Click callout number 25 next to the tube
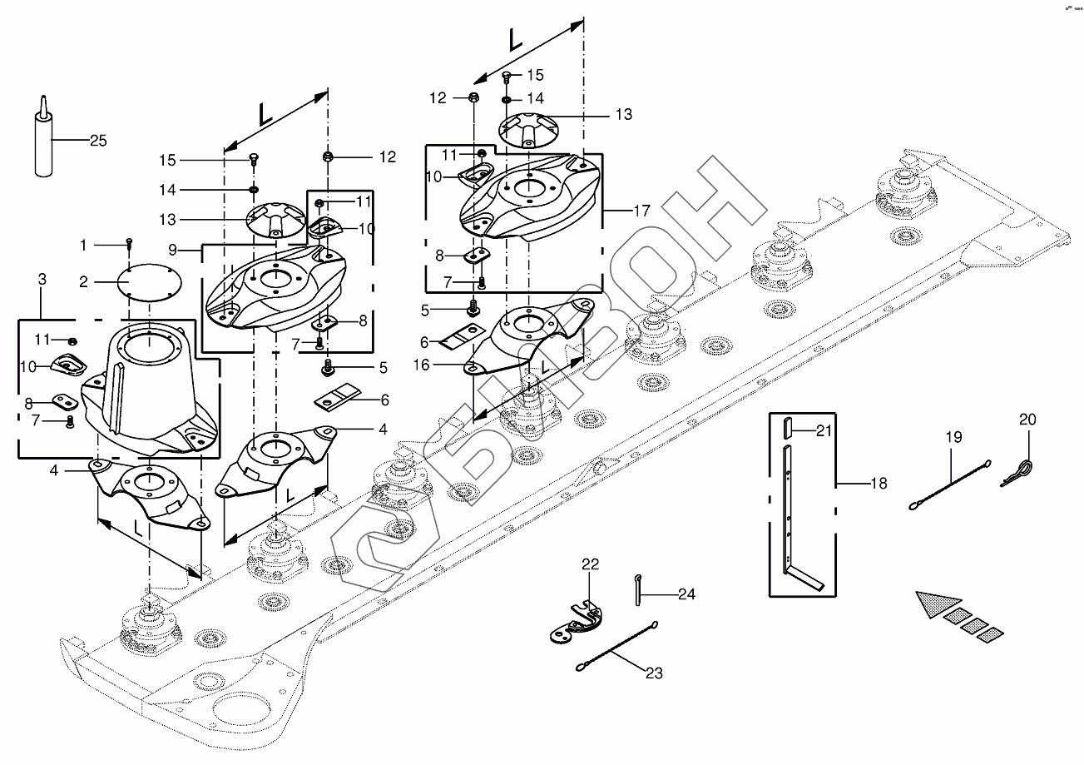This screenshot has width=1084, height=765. tap(98, 141)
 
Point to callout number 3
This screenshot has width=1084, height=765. tap(42, 280)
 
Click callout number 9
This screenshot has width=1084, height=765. tap(173, 250)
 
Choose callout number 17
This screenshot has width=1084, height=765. tap(641, 211)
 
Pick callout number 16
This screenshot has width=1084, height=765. tap(422, 365)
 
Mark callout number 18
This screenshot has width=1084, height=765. tap(879, 483)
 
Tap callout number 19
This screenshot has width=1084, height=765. tap(954, 437)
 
